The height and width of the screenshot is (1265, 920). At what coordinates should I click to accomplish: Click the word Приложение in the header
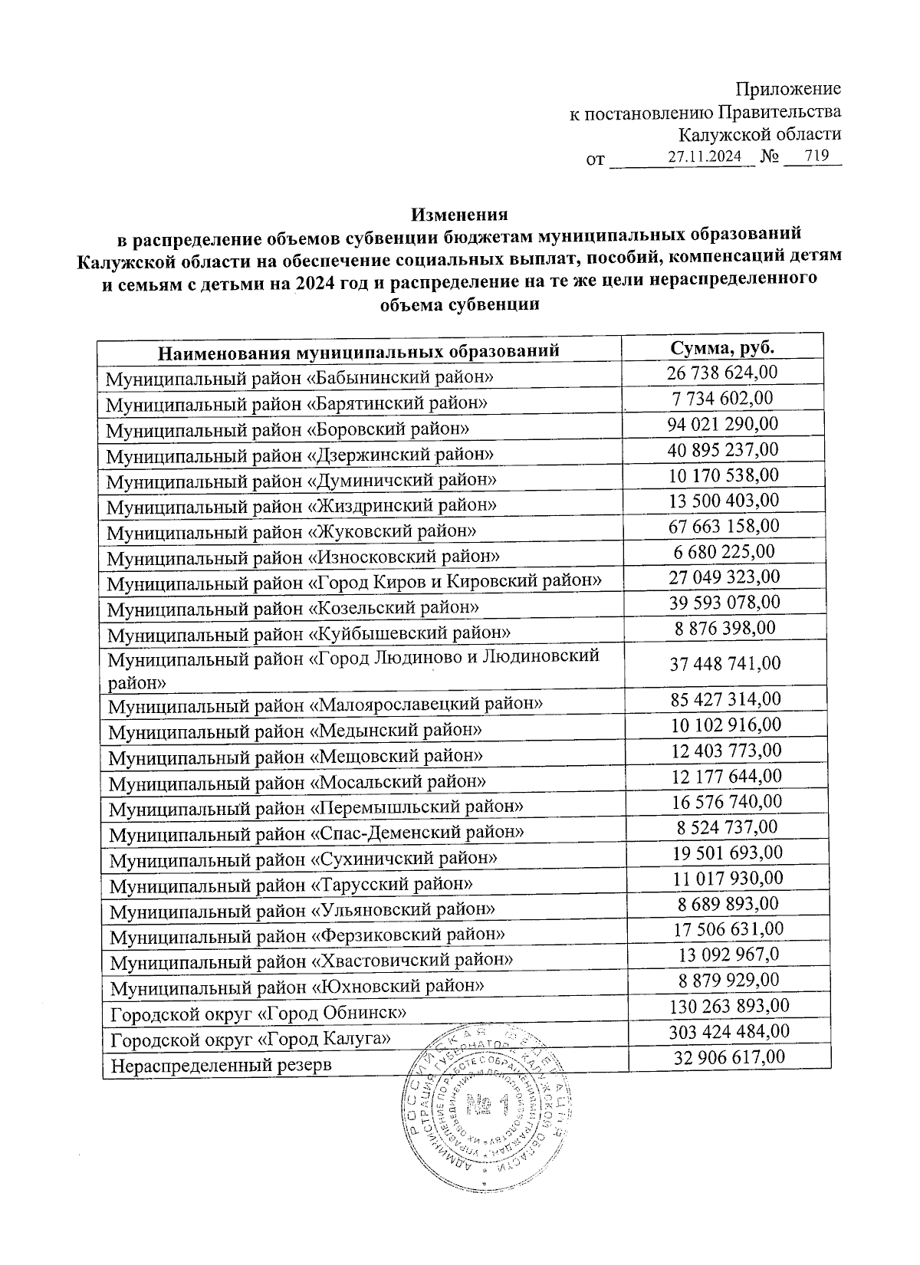(789, 89)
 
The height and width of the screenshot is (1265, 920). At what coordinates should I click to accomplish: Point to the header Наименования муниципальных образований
(358, 353)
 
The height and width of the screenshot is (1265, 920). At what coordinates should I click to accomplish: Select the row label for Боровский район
(287, 429)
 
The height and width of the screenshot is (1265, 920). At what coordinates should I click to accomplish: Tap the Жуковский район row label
(291, 531)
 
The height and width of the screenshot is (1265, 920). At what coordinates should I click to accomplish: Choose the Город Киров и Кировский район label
(354, 583)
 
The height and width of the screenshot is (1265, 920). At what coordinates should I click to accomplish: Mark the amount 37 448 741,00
(725, 663)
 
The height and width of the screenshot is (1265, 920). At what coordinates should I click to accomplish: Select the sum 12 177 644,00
(726, 777)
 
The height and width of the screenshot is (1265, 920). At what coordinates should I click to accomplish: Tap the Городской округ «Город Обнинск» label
(258, 1014)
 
